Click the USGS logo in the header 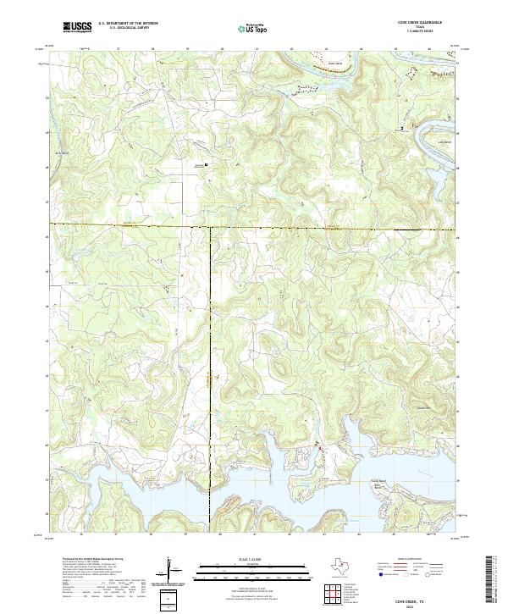(78, 28)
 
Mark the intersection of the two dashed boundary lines (210, 226)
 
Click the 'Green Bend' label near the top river (334, 63)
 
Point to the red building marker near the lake (319, 446)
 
